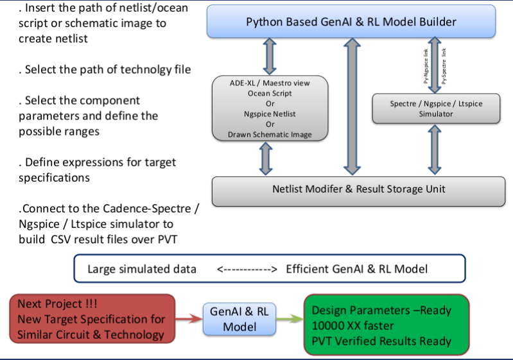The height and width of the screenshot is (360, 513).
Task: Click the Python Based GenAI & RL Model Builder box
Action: coord(351,22)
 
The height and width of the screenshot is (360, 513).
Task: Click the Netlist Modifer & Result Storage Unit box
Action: coord(359,190)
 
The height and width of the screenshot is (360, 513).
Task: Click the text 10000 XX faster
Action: coord(354,325)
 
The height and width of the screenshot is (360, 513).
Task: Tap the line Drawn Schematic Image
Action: coord(270,134)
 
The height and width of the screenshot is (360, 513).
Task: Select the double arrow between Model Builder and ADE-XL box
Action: coord(270,56)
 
